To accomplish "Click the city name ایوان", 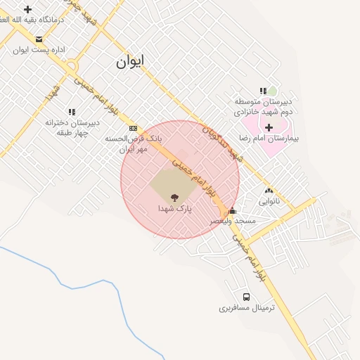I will pyautogui.click(x=130, y=62).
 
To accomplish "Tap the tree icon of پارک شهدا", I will pyautogui.click(x=174, y=198).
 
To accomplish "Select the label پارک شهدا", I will pyautogui.click(x=174, y=210).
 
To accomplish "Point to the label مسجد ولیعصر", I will pyautogui.click(x=233, y=221).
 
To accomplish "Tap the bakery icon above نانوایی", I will pyautogui.click(x=269, y=191).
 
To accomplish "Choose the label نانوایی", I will pyautogui.click(x=269, y=201).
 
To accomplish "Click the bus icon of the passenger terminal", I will pyautogui.click(x=246, y=297).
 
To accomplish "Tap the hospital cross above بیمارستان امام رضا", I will pyautogui.click(x=269, y=127).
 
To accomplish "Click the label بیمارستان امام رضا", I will pyautogui.click(x=269, y=139).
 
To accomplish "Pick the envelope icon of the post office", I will pyautogui.click(x=39, y=39).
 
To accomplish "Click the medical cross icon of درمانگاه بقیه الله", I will pyautogui.click(x=27, y=9).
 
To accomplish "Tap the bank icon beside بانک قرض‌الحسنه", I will pyautogui.click(x=134, y=128).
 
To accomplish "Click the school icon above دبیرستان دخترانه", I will pyautogui.click(x=72, y=112).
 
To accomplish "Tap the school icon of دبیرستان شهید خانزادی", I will pyautogui.click(x=263, y=91).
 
